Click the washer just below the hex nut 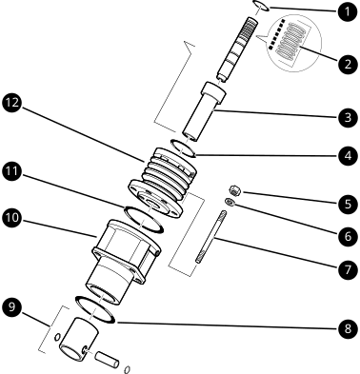231,201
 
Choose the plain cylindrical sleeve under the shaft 202,111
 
